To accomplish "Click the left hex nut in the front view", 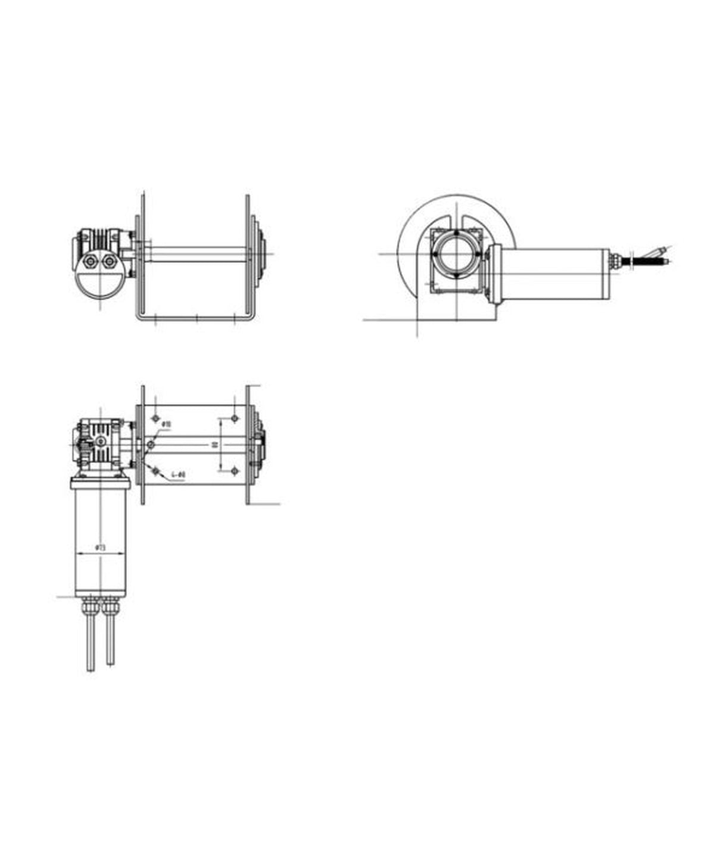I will [x=91, y=261].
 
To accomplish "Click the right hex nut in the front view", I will [x=110, y=261].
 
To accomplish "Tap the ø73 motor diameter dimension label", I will [x=100, y=547].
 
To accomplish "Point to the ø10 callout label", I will [x=167, y=424].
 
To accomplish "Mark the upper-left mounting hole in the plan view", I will [x=155, y=418].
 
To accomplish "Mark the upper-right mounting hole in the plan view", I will [x=235, y=418].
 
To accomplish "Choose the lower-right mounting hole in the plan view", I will [x=235, y=471].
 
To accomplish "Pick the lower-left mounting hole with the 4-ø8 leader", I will [x=155, y=471].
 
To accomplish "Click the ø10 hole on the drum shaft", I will [x=150, y=445].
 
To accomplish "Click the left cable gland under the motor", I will [x=91, y=607].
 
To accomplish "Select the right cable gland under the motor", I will [x=110, y=607].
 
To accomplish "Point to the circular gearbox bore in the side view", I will [x=456, y=254].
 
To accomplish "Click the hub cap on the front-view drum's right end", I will [x=263, y=253].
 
